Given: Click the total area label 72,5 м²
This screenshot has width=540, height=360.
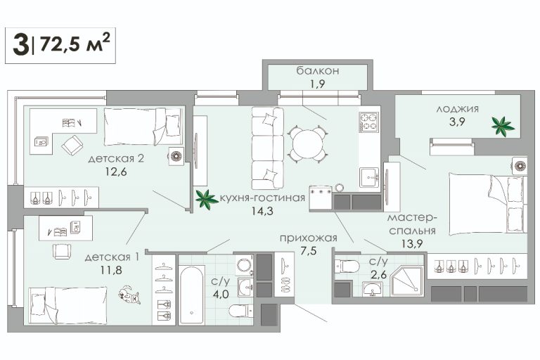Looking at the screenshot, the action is pos(75,44).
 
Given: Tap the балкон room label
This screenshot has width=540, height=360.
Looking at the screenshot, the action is pos(318,70).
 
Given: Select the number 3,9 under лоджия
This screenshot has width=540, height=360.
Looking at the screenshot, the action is pos(457,122).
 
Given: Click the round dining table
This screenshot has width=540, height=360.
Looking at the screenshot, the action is pos(307,143).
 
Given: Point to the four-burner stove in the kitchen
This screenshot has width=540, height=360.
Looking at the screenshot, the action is pos(369,122).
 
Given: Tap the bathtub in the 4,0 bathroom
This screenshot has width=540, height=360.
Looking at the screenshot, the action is pos(191,294).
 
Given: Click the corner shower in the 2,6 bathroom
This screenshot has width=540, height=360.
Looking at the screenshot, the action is pos(406,281).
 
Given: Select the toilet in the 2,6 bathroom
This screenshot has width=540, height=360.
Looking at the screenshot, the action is pos(347,266).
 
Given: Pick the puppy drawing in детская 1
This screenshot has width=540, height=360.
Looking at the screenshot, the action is pos(129,295).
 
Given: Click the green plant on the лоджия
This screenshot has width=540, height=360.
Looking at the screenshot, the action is pos(503,127).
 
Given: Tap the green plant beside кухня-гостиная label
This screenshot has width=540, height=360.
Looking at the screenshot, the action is pos(206,200).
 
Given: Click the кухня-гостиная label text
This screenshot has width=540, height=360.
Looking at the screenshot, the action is pos(262,198).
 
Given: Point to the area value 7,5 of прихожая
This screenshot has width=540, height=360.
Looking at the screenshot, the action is pos(308,251).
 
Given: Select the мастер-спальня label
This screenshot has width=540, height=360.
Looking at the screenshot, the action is pos(412,224).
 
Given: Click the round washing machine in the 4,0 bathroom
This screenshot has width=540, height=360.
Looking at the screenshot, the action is pos(244,265).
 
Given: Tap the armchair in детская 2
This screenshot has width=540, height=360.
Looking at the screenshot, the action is pos(72,146).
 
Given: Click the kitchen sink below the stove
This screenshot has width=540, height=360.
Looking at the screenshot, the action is pos(369,177).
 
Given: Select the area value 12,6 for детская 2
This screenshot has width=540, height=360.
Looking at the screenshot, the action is pos(116,172).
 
